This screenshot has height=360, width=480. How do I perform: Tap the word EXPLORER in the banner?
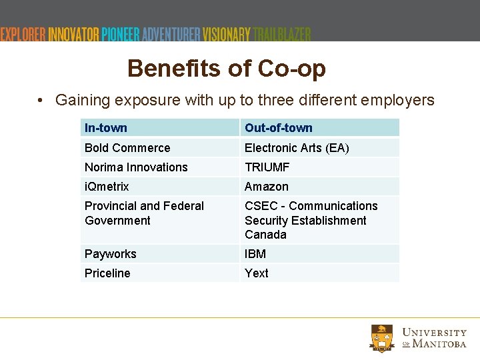(x=24, y=34)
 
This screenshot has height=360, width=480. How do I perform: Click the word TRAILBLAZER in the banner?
(x=282, y=34)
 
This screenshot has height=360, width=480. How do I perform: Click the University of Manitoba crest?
(x=383, y=337)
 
